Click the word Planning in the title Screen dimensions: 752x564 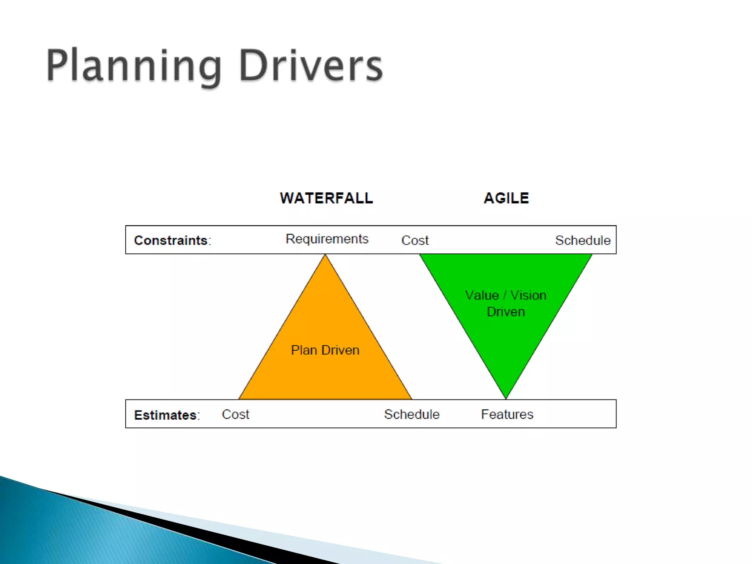pyautogui.click(x=134, y=66)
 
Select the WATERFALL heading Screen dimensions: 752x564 pyautogui.click(x=326, y=198)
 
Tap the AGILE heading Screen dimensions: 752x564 pyautogui.click(x=506, y=198)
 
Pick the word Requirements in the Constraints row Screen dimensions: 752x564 pyautogui.click(x=327, y=239)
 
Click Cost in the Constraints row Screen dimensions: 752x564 pyautogui.click(x=415, y=241)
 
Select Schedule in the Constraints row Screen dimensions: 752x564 pyautogui.click(x=583, y=241)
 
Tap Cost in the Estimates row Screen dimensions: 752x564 pyautogui.click(x=235, y=415)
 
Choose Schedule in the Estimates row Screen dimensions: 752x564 pyautogui.click(x=412, y=415)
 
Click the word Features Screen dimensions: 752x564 pyautogui.click(x=507, y=415)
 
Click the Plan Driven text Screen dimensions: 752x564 pyautogui.click(x=325, y=350)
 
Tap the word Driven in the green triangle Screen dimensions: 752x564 pyautogui.click(x=506, y=312)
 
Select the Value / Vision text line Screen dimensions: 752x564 pyautogui.click(x=506, y=295)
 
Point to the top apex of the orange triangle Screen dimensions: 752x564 pyautogui.click(x=325, y=255)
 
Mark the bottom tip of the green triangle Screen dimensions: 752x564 pyautogui.click(x=506, y=398)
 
